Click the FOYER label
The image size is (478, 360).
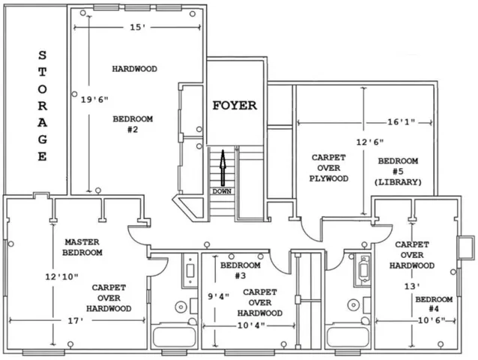click(235, 106)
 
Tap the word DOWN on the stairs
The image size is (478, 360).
click(222, 191)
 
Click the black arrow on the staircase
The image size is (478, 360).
click(223, 168)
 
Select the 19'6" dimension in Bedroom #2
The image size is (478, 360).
click(94, 100)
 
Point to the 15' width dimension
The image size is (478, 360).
click(138, 28)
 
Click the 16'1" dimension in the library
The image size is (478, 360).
click(401, 122)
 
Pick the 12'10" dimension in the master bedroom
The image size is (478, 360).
click(62, 277)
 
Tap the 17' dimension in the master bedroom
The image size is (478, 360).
click(76, 321)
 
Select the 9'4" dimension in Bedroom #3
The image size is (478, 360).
click(219, 296)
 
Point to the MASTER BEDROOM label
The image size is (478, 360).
click(82, 247)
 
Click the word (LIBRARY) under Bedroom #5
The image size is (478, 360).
click(398, 182)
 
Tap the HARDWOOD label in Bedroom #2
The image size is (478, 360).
click(134, 69)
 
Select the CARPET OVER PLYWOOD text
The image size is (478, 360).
click(329, 168)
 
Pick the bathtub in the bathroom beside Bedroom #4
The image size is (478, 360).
click(347, 337)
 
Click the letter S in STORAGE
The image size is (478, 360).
click(43, 55)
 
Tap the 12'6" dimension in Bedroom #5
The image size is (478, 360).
click(370, 142)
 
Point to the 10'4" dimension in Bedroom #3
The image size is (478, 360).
click(251, 325)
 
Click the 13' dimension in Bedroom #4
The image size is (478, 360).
click(412, 286)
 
